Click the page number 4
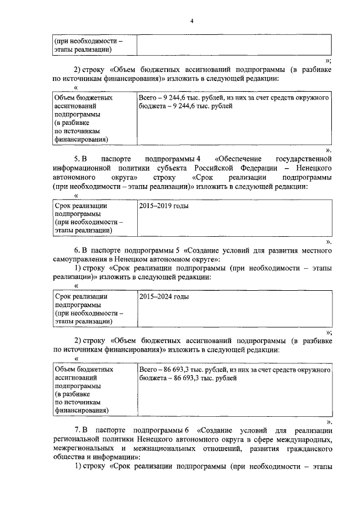pyautogui.click(x=191, y=21)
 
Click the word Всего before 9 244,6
pyautogui.click(x=147, y=98)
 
